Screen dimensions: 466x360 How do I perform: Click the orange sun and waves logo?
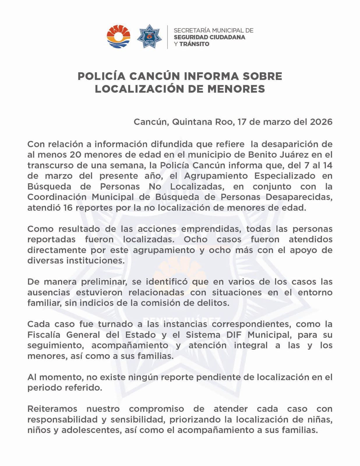(118, 37)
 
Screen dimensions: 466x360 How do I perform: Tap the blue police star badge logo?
(149, 37)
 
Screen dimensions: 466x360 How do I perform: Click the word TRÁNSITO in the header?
(194, 44)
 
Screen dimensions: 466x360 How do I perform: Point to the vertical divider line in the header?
(167, 37)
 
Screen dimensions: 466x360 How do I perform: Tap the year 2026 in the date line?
(321, 122)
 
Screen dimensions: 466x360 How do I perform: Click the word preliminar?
(103, 282)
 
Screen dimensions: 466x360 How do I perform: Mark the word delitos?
(214, 303)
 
